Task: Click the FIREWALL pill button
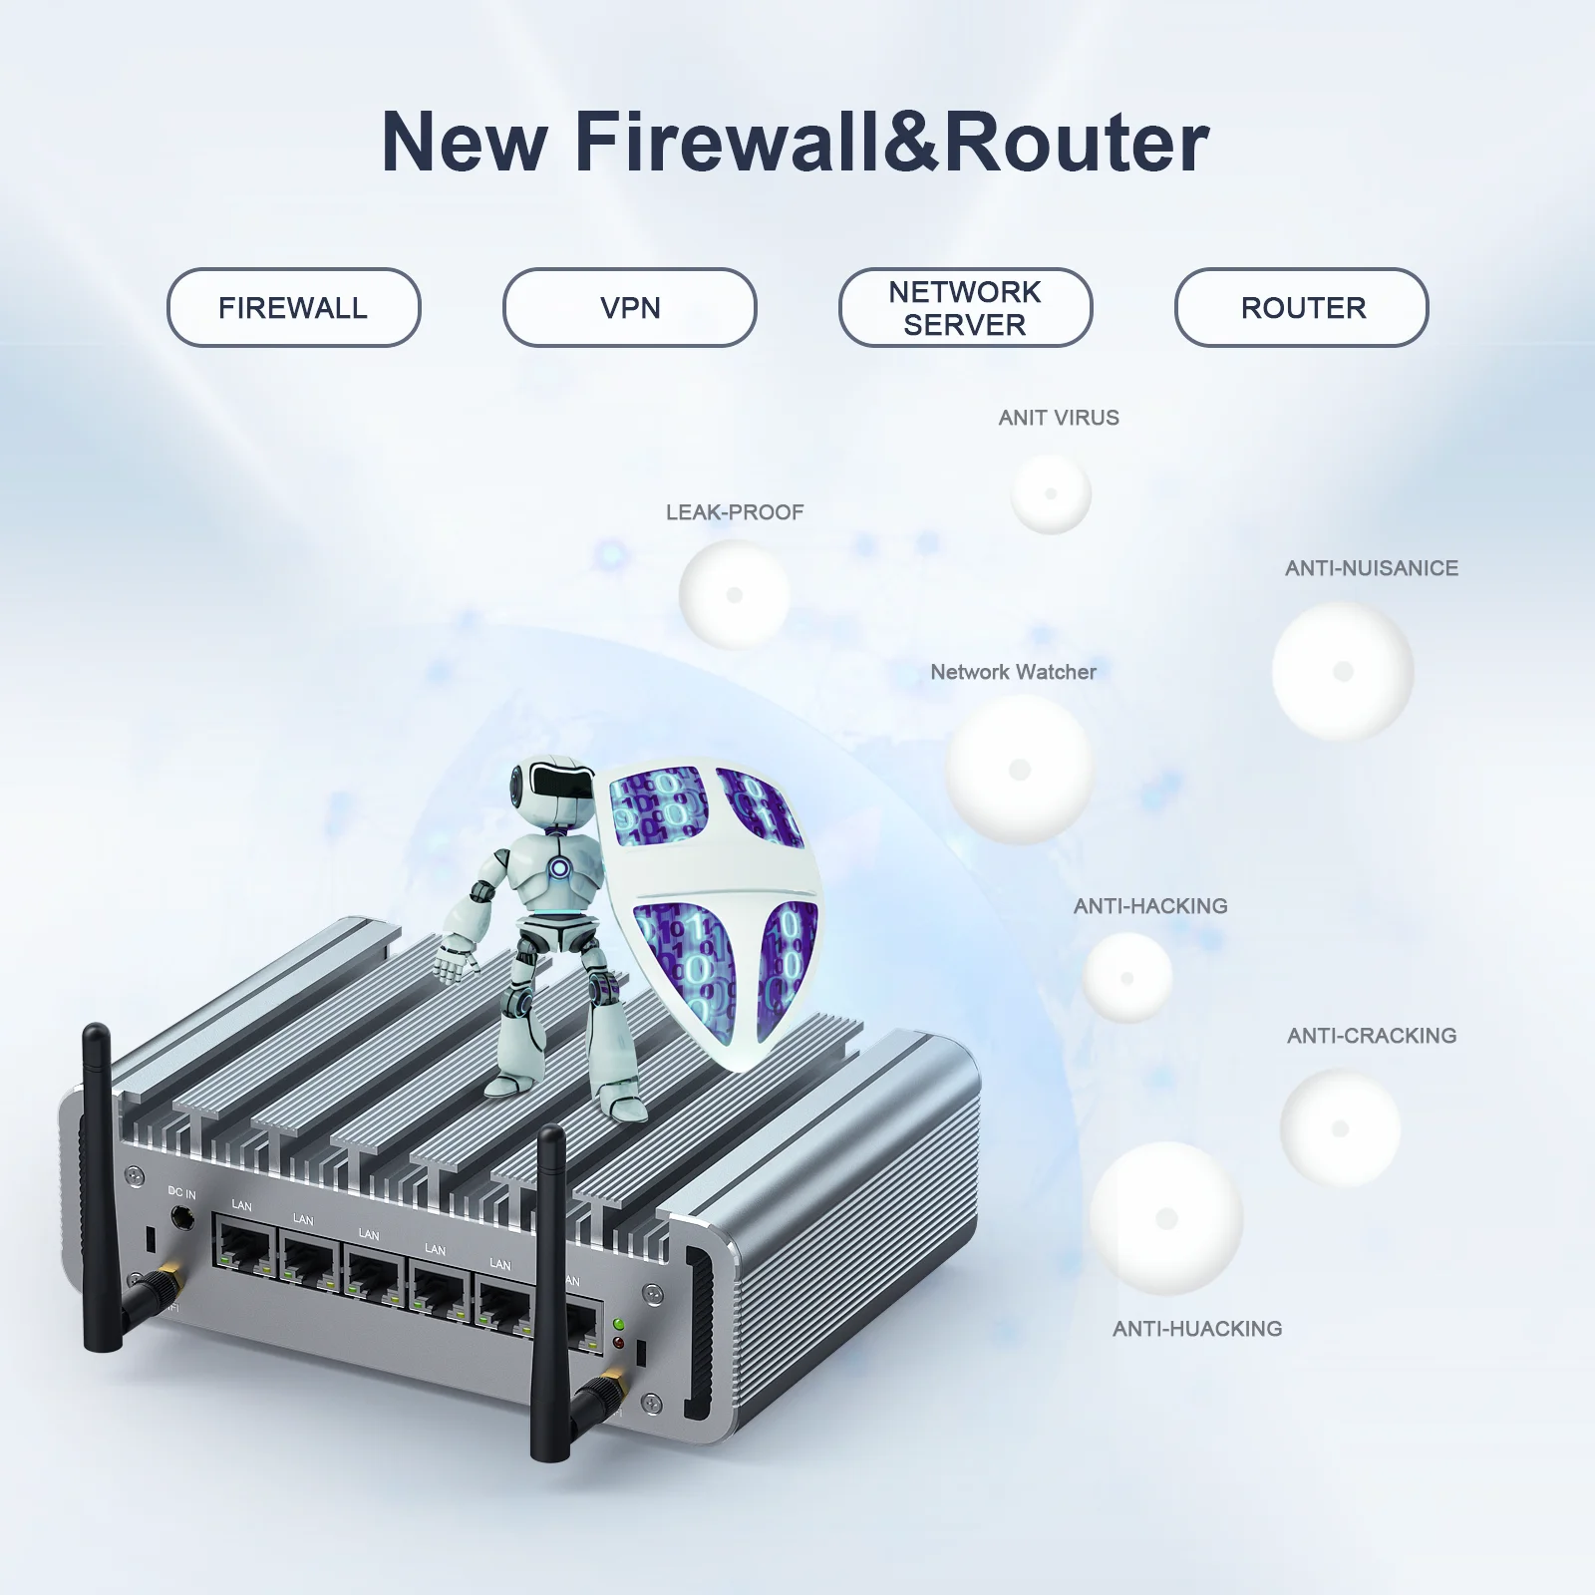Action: (x=293, y=307)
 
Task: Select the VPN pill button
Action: (x=629, y=307)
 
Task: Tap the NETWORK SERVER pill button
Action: (x=965, y=307)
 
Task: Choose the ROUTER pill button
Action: (x=1301, y=307)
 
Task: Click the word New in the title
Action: (x=463, y=142)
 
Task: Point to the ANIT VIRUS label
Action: (x=1059, y=418)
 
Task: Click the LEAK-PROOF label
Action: (x=735, y=512)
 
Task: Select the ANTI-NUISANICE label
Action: (x=1371, y=568)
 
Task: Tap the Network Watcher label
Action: (x=1013, y=672)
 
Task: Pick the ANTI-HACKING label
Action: (x=1149, y=906)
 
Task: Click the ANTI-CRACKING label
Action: (x=1371, y=1036)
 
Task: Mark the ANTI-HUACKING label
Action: (x=1197, y=1329)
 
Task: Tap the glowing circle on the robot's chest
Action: (x=560, y=868)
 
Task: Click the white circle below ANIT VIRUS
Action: (x=1051, y=493)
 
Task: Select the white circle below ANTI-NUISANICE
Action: (x=1343, y=671)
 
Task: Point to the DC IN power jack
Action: (x=182, y=1217)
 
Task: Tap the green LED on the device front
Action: (x=619, y=1325)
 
